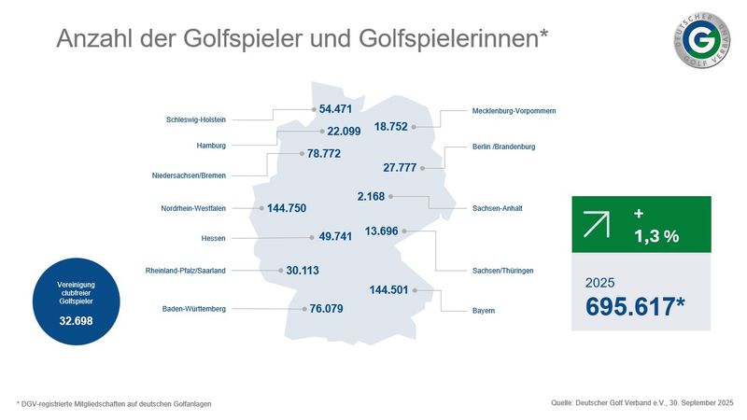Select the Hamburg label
click(x=211, y=146)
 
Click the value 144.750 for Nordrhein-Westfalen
click(x=295, y=208)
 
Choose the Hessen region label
click(x=214, y=238)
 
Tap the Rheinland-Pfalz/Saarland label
click(x=186, y=271)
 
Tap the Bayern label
click(x=483, y=310)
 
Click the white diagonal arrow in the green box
click(x=597, y=225)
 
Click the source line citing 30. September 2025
click(x=636, y=402)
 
